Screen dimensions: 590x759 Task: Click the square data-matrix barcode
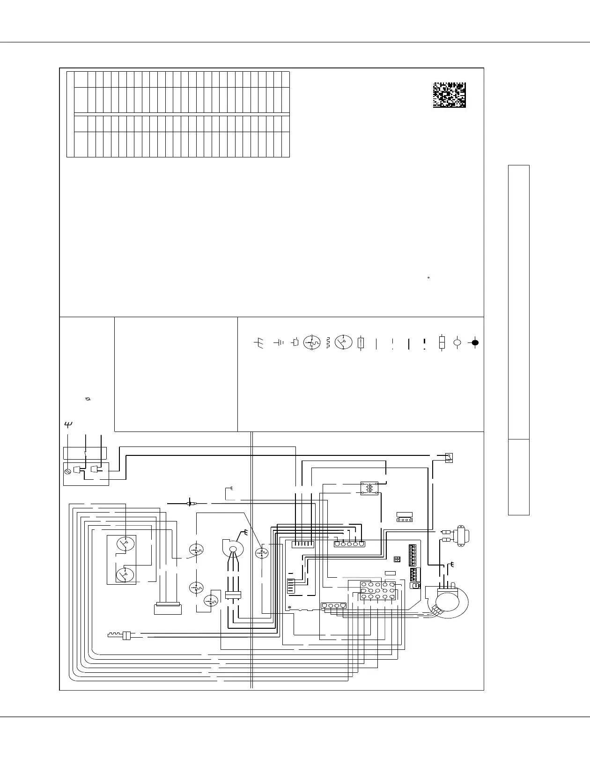point(449,96)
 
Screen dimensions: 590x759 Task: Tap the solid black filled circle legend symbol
point(475,342)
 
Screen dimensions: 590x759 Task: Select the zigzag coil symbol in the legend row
point(328,342)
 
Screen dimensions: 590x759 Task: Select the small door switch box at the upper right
point(449,457)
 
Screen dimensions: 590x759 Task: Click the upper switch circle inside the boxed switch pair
point(125,544)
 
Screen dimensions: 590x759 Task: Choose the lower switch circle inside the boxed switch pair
point(125,574)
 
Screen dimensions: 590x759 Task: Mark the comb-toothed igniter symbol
point(119,635)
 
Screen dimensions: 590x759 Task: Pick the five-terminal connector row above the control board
point(349,544)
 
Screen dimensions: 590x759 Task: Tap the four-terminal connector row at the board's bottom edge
point(333,605)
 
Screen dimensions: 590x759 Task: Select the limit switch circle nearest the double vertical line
point(262,554)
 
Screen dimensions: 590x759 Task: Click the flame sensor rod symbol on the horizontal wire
point(190,504)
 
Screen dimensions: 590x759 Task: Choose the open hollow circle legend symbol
point(457,342)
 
